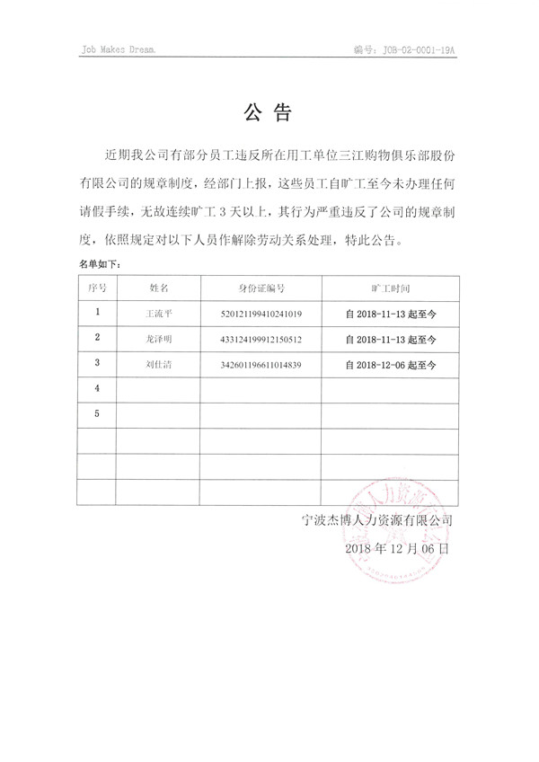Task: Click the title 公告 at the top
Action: [x=268, y=113]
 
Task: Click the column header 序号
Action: [x=98, y=288]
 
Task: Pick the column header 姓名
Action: [x=158, y=288]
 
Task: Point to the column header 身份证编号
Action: [x=261, y=288]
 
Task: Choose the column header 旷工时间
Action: [x=390, y=288]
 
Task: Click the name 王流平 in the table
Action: [x=158, y=315]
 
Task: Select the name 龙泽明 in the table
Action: [x=158, y=340]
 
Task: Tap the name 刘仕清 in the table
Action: [x=158, y=365]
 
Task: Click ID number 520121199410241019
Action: [x=261, y=315]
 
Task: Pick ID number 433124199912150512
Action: [x=261, y=340]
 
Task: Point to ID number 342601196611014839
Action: [x=261, y=365]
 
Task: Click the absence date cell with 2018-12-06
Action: [x=390, y=366]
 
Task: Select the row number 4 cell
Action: [x=98, y=388]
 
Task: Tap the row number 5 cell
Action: [x=98, y=413]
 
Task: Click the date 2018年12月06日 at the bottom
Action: [x=396, y=547]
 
